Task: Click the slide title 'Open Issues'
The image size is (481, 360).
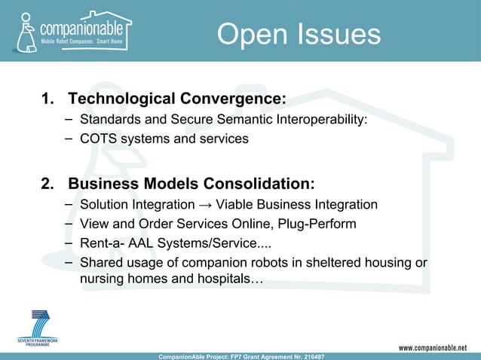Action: (299, 35)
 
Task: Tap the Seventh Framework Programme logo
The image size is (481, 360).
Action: (37, 329)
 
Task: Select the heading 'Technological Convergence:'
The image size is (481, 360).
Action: (177, 99)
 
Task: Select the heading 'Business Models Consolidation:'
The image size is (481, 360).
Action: (191, 185)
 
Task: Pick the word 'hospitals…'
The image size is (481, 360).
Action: (229, 279)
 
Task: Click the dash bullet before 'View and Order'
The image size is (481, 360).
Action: (69, 224)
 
